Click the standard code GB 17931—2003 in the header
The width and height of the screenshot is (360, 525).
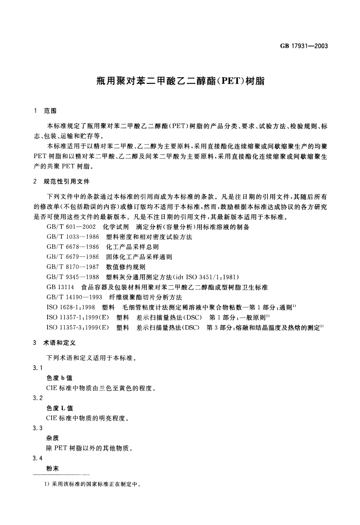coord(304,46)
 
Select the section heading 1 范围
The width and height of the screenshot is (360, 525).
coord(45,111)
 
